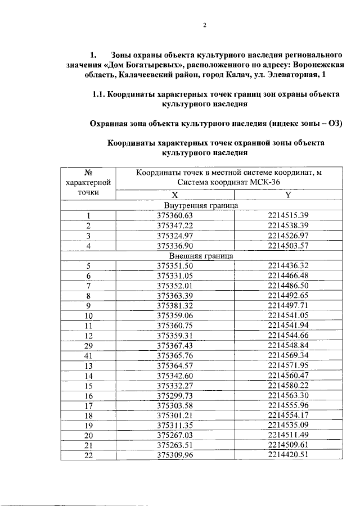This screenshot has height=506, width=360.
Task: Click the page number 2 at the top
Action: coord(205,25)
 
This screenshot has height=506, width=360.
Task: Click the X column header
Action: coord(175,195)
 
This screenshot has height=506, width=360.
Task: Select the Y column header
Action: coord(288,195)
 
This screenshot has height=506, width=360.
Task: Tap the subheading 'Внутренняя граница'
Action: coord(201,205)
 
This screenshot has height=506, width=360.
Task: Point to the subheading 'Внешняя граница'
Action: coord(201,255)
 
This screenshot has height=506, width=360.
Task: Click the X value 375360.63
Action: coord(175,215)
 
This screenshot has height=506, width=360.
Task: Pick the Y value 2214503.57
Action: coord(288,246)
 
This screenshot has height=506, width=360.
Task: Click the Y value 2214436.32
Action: coord(288,265)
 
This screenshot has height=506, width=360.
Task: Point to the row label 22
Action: coord(88,456)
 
